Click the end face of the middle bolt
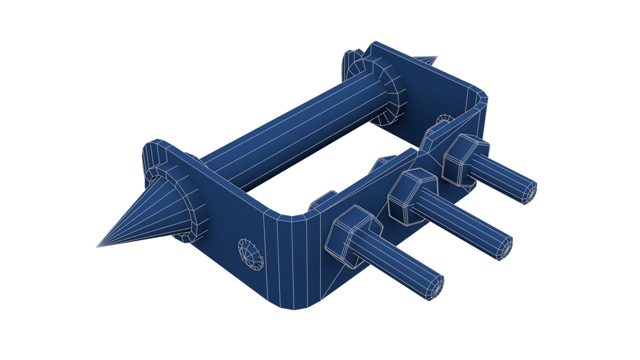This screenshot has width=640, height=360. pyautogui.click(x=505, y=248)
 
